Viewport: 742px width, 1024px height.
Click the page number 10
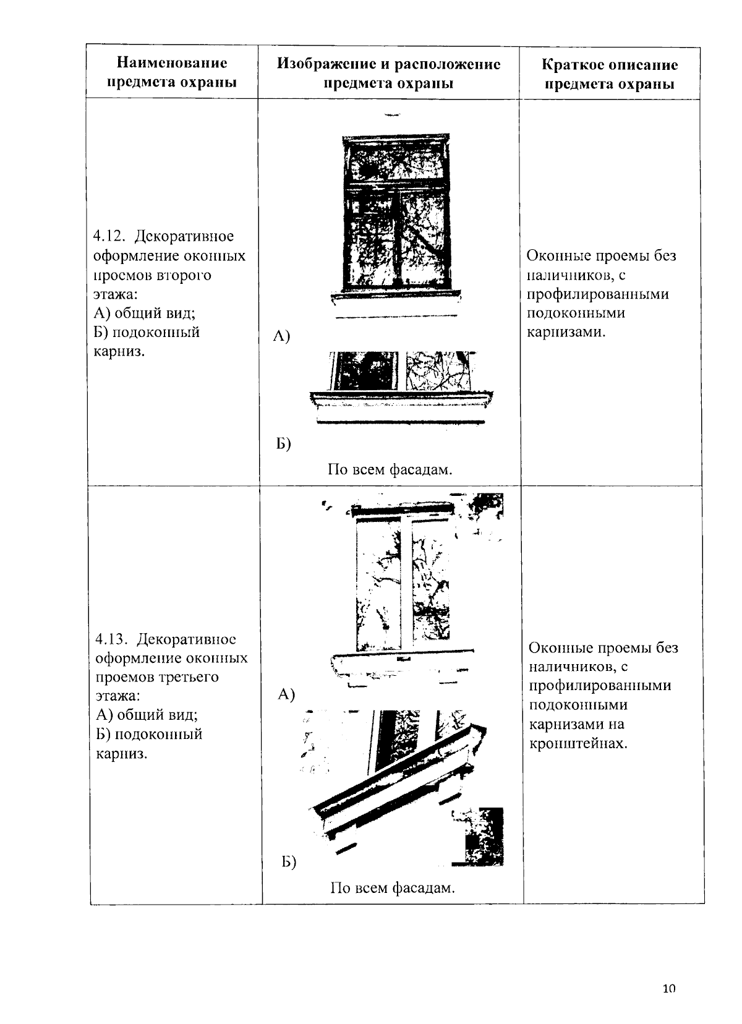tap(668, 989)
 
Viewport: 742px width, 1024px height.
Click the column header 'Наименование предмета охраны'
tap(172, 72)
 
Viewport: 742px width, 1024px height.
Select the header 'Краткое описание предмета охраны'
tap(610, 74)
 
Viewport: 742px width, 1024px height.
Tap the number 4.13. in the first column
tap(113, 639)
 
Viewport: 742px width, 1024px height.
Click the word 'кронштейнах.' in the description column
tap(578, 743)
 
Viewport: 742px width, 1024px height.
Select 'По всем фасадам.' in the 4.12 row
tap(390, 469)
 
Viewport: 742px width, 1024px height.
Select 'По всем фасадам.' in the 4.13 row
tap(392, 889)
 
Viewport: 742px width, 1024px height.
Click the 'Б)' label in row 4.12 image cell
tap(283, 443)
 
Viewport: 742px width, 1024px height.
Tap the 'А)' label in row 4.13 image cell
tap(286, 694)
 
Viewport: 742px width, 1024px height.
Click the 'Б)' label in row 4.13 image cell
tap(288, 862)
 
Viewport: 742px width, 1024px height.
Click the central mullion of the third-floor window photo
tap(405, 584)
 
